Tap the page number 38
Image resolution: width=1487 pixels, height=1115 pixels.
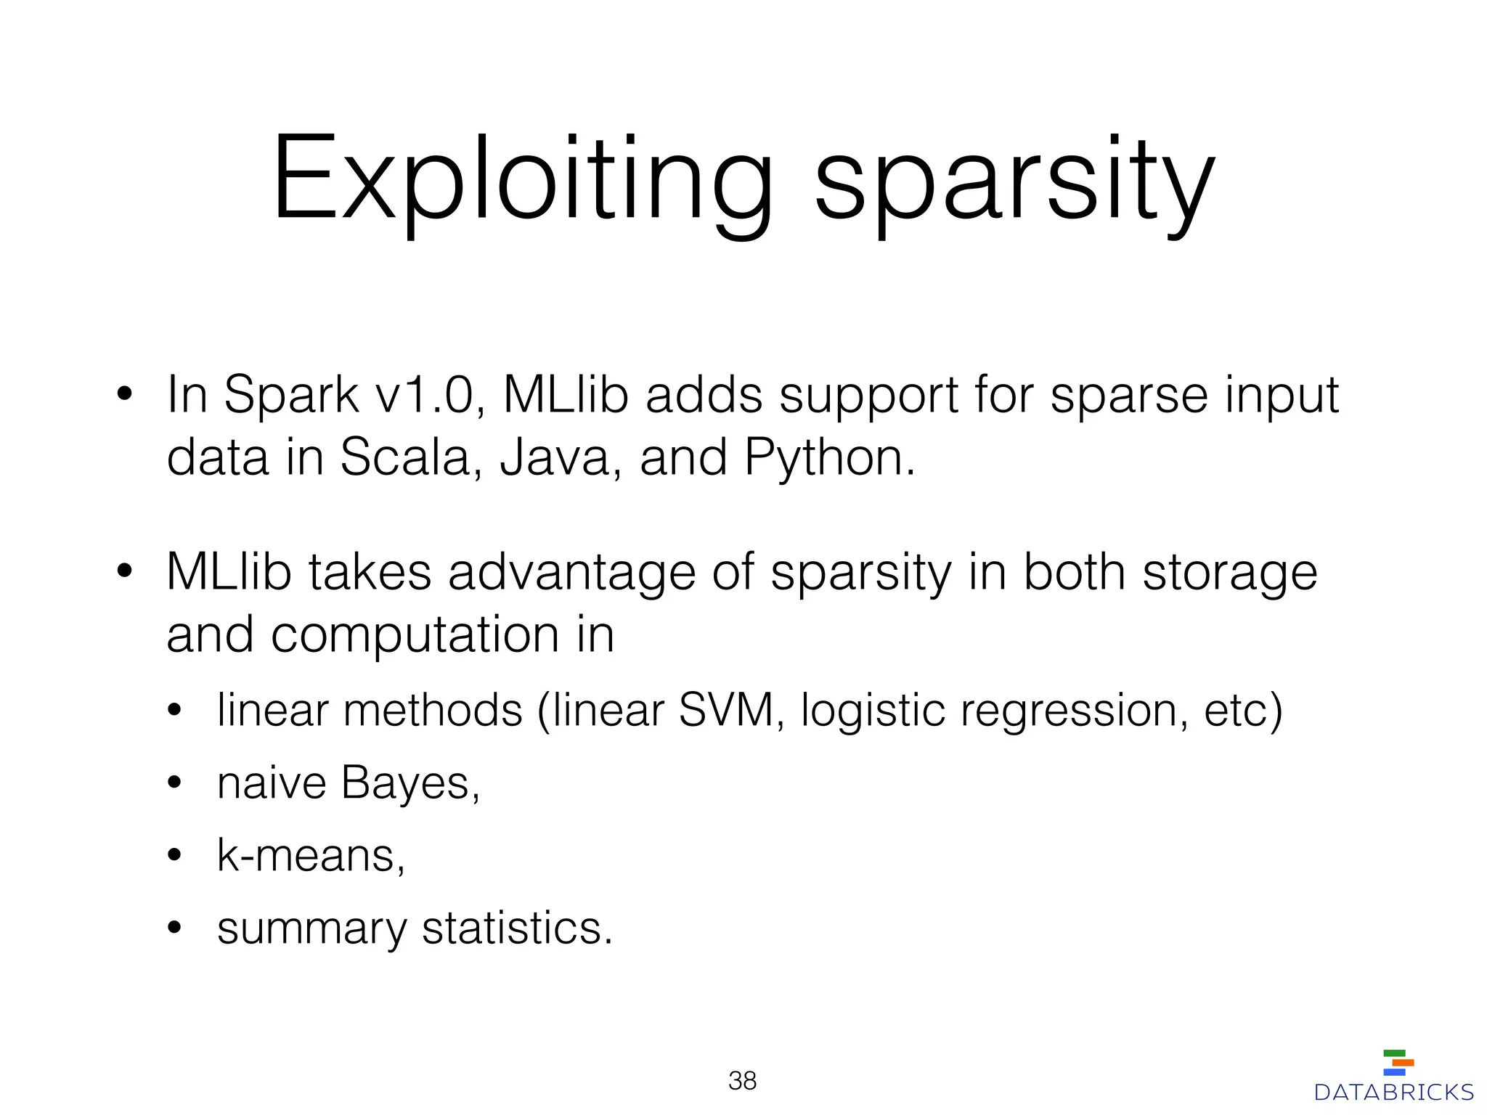[742, 1081]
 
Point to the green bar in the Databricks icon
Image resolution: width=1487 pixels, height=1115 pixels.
[1394, 1053]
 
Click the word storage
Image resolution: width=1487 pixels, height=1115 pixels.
[1230, 573]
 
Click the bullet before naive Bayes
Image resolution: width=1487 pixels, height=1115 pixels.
[174, 783]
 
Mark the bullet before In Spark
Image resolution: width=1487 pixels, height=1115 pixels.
[124, 395]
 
